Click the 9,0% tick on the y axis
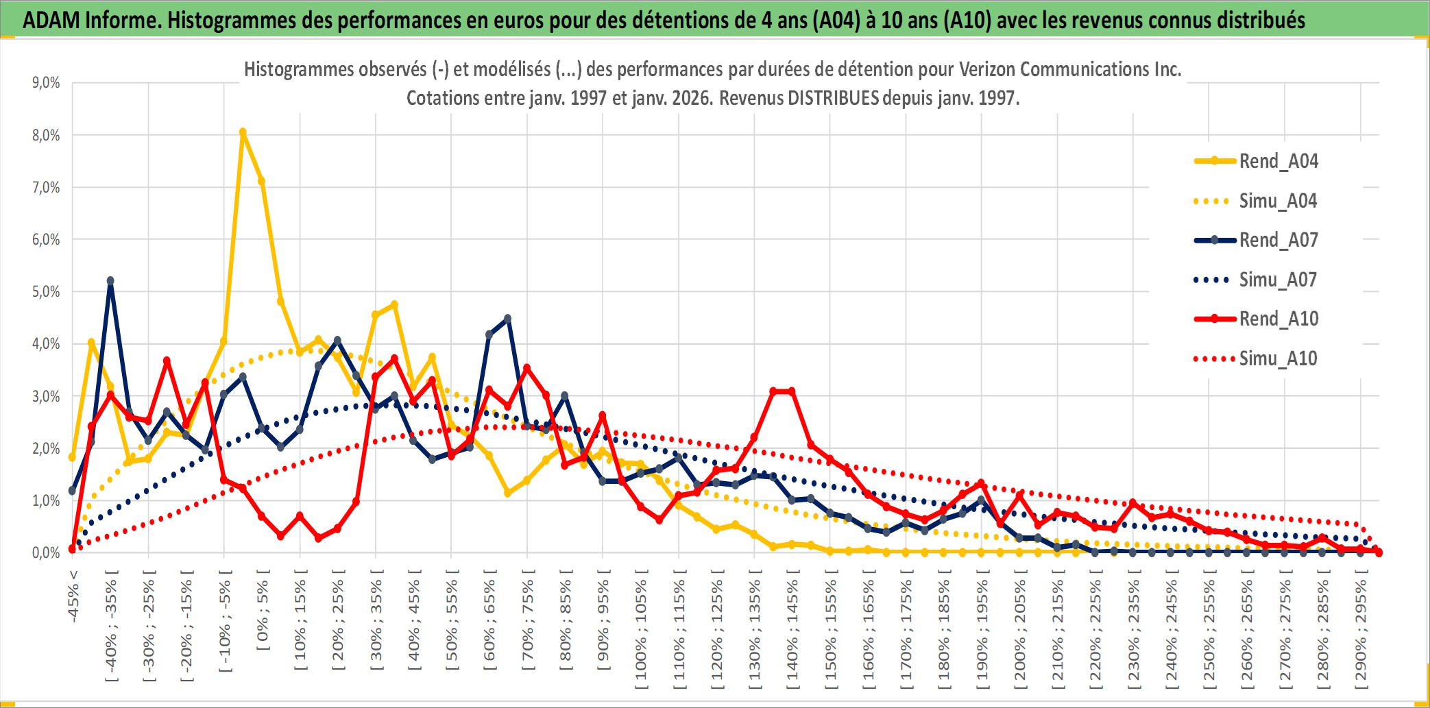click(46, 83)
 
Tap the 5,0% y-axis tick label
click(46, 292)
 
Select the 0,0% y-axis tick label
click(46, 552)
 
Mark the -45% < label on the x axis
click(73, 596)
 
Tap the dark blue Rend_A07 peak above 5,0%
click(110, 281)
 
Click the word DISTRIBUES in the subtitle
click(833, 98)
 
